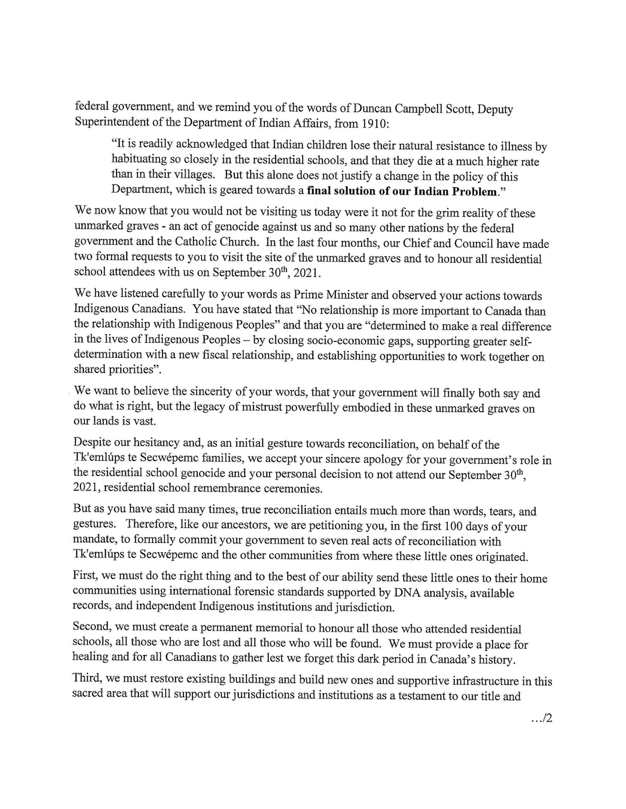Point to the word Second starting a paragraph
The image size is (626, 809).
pos(91,627)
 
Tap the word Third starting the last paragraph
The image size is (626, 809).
pos(87,679)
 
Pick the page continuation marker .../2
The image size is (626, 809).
pos(542,729)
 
